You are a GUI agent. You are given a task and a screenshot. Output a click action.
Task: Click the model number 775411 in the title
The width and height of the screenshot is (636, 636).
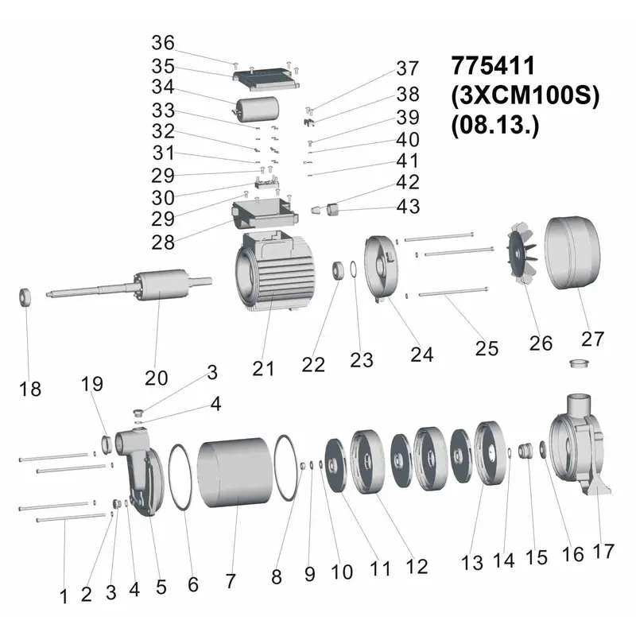(x=493, y=65)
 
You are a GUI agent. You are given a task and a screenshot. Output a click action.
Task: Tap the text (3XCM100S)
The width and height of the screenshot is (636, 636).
(x=525, y=95)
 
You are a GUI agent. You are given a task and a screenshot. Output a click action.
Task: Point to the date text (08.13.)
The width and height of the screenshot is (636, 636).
(x=494, y=126)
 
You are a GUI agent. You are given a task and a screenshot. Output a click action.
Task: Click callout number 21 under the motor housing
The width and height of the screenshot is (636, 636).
(x=263, y=369)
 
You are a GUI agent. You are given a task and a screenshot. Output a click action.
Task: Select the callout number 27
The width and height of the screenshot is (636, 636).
(x=592, y=339)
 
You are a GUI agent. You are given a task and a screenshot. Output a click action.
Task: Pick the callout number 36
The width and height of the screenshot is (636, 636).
(x=163, y=43)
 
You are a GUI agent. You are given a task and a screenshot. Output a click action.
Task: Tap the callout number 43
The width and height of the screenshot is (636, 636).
(x=408, y=207)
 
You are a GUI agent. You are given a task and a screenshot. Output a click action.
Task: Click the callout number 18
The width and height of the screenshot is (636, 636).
(x=30, y=389)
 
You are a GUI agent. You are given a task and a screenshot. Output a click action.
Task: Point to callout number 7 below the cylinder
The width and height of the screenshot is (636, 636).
(x=231, y=581)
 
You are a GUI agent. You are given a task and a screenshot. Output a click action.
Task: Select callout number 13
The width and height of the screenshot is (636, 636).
(x=471, y=563)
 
